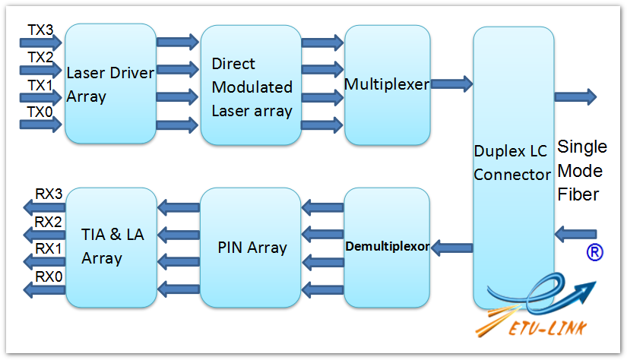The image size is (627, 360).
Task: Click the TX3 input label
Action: tap(40, 30)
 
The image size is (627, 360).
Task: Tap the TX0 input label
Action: tap(40, 112)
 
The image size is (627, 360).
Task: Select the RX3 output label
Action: tap(49, 194)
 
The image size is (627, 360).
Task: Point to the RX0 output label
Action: tap(49, 276)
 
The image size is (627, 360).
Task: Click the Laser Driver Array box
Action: tap(110, 84)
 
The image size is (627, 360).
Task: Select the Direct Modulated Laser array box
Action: tap(251, 85)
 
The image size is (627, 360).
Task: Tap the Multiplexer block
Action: tap(387, 85)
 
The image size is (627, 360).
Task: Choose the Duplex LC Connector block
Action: tap(514, 168)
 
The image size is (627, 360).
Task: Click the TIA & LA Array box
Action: tap(111, 248)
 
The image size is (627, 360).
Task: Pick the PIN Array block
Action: tap(250, 248)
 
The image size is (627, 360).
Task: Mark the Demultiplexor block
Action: tap(387, 248)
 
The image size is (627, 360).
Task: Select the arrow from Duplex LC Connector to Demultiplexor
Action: tap(452, 248)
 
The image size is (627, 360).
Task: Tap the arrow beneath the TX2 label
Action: tap(41, 71)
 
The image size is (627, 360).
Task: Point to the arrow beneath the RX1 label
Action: tap(44, 262)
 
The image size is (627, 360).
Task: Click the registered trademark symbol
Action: tap(594, 252)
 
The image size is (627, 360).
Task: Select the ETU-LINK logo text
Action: tap(548, 328)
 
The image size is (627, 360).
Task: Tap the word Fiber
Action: tap(578, 194)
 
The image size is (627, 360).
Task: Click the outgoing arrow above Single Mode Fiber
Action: tap(575, 96)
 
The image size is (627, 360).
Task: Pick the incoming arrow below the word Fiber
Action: tap(575, 234)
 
